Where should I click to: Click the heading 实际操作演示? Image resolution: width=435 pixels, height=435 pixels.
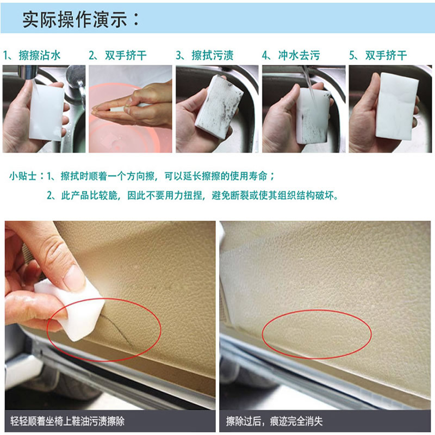point(74,20)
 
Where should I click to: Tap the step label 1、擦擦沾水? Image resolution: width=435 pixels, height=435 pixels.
point(32,55)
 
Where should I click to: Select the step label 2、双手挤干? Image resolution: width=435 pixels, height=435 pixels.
point(117,55)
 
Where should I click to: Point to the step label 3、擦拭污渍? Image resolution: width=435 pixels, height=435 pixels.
point(204,55)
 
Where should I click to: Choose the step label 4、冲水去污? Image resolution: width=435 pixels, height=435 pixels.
point(291,55)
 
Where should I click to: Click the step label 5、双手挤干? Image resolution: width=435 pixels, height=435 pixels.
point(378,55)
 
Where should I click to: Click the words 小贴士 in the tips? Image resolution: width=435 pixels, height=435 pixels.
point(23,176)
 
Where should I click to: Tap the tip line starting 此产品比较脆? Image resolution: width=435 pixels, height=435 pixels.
point(192,196)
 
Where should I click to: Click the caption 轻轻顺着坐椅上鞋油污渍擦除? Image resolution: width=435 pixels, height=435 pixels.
point(67,421)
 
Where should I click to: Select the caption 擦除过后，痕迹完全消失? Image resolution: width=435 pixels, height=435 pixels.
point(275,421)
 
